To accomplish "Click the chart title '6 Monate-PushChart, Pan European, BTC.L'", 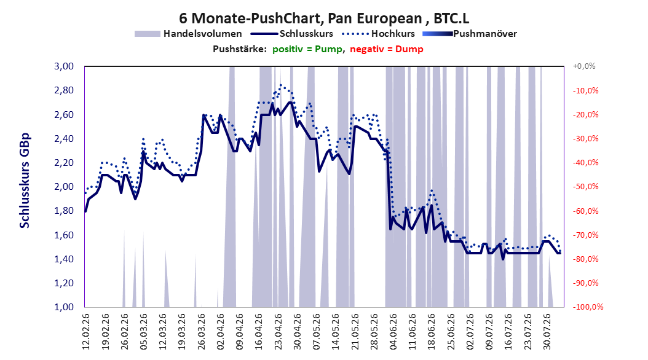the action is tap(324, 18).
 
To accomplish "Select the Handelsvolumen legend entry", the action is tap(189, 34).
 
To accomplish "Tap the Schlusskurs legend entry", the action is tap(292, 34).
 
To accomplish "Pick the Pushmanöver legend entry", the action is tap(470, 34).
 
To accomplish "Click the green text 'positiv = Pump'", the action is tap(307, 49).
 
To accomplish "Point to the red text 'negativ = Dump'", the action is tap(387, 49).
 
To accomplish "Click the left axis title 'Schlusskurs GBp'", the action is tap(25, 181).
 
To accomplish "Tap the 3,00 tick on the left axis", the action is tap(64, 66).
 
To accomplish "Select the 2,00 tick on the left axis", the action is tap(64, 187).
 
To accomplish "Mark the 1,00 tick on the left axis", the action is tap(64, 307).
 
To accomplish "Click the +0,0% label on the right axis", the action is tap(584, 66).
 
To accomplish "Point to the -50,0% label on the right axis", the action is tap(585, 187).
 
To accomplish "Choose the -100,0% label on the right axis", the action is tap(588, 307).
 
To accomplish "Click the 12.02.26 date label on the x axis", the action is tap(86, 332).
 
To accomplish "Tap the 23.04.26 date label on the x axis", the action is tap(279, 332).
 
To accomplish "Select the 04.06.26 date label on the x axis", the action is tap(393, 332).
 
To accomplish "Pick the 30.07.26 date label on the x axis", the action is tap(547, 332).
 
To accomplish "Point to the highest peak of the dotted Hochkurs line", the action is tap(281, 85).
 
